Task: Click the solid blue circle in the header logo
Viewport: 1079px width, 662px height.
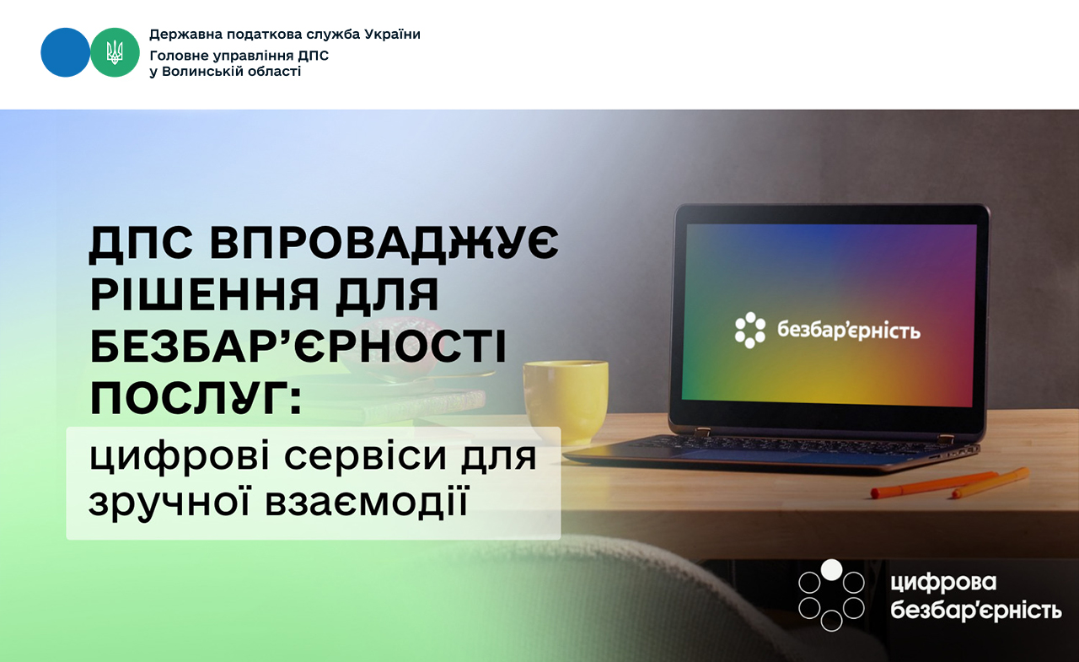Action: pos(65,52)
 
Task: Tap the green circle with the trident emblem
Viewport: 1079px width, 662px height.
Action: pos(115,52)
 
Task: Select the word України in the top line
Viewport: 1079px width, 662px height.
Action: pos(393,35)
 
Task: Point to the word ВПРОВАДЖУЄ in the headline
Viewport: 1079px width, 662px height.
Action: pos(384,244)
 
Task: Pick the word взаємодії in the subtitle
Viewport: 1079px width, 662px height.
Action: pos(367,503)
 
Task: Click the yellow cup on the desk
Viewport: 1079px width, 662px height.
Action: pos(566,401)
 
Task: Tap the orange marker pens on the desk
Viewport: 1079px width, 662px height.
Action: pos(950,483)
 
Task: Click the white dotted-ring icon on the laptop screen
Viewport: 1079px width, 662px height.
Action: pos(750,330)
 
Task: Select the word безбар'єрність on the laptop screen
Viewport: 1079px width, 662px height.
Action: pos(849,331)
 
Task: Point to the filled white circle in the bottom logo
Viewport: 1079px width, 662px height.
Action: pos(831,569)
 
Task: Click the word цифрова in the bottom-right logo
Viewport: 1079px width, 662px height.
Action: pos(943,584)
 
